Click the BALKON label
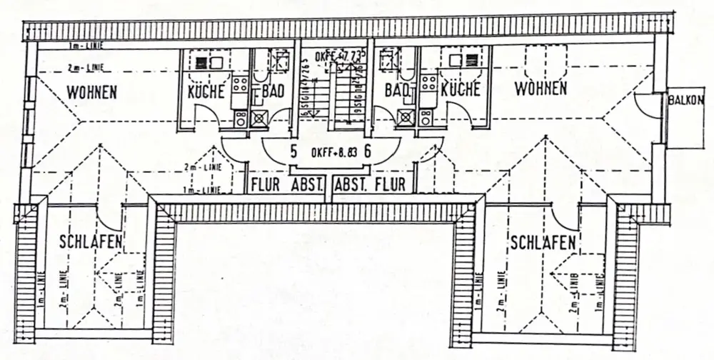tap(687, 101)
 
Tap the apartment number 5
tap(293, 151)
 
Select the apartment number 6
tap(368, 151)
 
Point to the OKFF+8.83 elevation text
tap(331, 152)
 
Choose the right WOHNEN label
tap(540, 89)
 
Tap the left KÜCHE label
tap(206, 91)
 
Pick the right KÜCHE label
tap(461, 89)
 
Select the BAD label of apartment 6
tap(396, 90)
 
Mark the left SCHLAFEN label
tap(91, 241)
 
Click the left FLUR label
tap(264, 185)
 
